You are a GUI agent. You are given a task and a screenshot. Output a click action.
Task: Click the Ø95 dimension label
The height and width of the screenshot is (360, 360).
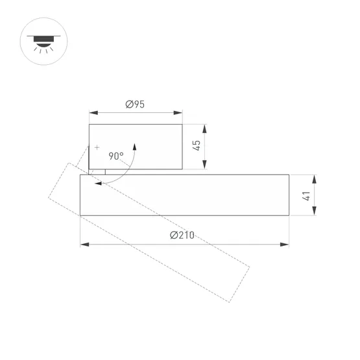click(135, 104)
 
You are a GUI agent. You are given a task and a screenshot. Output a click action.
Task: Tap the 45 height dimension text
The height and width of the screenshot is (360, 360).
click(197, 145)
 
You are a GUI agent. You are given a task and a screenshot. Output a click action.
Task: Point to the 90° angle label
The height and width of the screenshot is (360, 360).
click(116, 156)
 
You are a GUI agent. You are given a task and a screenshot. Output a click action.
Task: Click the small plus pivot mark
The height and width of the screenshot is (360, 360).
click(97, 148)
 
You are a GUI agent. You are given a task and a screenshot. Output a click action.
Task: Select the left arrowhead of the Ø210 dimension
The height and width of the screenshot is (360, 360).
click(84, 245)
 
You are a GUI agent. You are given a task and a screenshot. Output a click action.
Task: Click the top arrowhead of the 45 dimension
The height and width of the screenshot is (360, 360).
click(205, 127)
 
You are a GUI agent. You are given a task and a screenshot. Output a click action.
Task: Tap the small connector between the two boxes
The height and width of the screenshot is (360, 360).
click(97, 171)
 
